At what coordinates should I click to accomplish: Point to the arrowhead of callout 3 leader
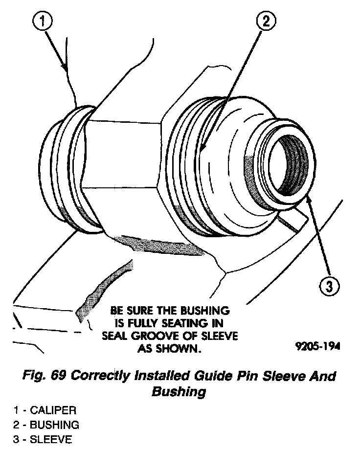[x=309, y=198]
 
